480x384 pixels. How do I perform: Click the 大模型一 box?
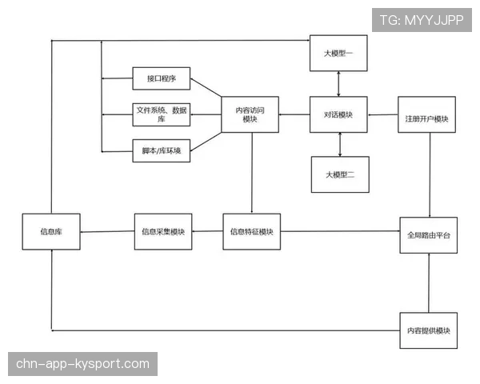click(338, 53)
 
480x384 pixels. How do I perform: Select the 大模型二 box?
click(340, 174)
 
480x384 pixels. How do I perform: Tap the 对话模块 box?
click(338, 114)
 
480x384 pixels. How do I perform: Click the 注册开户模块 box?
click(426, 114)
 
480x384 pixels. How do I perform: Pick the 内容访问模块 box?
click(250, 114)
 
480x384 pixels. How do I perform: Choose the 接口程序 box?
click(162, 78)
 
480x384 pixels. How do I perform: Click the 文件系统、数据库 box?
click(162, 114)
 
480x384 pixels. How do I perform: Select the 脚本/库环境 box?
click(162, 150)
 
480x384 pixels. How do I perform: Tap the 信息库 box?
click(51, 231)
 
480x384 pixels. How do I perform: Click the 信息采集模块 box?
click(163, 231)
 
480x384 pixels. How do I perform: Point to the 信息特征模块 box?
click(252, 231)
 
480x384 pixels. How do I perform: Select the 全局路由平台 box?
click(429, 235)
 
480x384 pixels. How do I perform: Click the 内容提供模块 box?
click(429, 330)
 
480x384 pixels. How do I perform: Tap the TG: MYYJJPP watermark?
click(422, 20)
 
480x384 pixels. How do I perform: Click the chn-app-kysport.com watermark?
click(82, 364)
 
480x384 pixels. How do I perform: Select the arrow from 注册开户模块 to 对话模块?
click(382, 115)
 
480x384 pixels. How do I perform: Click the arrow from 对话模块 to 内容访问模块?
click(294, 114)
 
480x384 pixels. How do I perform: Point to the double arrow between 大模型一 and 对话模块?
click(338, 84)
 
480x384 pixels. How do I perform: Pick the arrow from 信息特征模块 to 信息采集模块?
click(207, 231)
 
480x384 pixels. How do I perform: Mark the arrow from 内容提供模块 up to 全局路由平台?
click(429, 283)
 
